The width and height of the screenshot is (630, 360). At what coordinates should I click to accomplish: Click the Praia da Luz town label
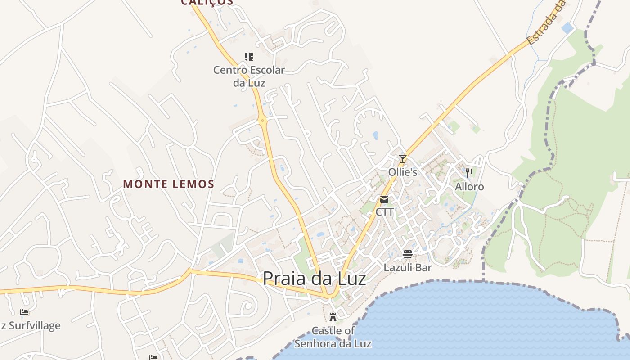[314, 279]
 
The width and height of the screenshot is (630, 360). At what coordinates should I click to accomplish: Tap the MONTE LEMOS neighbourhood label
[169, 184]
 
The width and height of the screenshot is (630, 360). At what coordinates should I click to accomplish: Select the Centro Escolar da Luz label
[249, 76]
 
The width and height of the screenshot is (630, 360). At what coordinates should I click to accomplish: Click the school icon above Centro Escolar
[249, 56]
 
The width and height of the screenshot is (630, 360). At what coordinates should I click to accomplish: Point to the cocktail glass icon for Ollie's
[403, 158]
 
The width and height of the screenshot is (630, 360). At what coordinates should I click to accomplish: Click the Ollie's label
[403, 172]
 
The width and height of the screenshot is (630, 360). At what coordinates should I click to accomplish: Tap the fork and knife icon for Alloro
[469, 173]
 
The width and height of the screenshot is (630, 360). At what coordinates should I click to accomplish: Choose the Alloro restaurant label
[469, 187]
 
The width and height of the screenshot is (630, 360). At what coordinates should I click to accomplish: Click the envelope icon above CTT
[384, 199]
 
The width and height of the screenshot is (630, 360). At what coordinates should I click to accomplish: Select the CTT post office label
[384, 211]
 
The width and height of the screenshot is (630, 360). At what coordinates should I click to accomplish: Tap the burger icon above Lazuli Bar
[408, 254]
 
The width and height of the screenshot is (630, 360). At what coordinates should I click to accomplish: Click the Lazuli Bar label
[408, 268]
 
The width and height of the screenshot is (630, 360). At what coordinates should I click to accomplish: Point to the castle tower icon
[333, 317]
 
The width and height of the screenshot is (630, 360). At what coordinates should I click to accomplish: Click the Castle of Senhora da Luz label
[333, 337]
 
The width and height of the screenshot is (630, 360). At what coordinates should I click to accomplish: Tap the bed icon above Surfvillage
[24, 312]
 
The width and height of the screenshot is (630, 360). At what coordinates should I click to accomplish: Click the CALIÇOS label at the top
[207, 2]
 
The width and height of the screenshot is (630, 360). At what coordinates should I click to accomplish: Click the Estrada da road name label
[546, 22]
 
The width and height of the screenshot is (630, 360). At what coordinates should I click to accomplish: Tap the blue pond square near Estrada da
[567, 28]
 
